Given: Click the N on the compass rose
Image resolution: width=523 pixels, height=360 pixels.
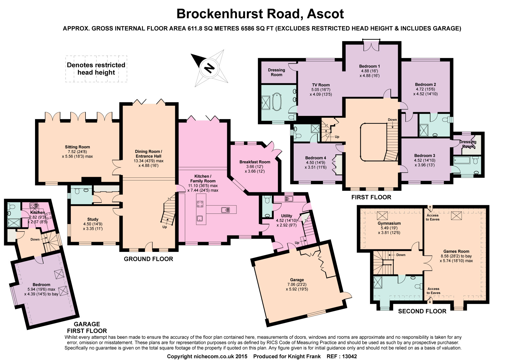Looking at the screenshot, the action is (209, 68).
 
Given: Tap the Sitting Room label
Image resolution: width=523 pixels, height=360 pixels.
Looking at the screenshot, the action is (77, 147).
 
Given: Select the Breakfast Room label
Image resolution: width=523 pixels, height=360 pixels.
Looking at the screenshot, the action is (255, 162).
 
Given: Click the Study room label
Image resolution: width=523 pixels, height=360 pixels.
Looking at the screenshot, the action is (93, 219).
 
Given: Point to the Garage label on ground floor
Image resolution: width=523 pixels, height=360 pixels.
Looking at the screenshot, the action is (297, 280).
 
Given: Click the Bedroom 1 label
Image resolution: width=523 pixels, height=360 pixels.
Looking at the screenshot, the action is (369, 66).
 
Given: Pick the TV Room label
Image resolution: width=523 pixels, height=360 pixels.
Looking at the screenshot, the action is (321, 85).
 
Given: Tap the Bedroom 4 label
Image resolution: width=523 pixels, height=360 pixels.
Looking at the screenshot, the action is (316, 158).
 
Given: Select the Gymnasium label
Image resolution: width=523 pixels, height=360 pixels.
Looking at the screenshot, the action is (389, 223).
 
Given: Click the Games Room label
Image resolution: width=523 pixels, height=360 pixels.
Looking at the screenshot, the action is (456, 251).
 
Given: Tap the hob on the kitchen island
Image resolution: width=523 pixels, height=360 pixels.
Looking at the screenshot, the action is (200, 204).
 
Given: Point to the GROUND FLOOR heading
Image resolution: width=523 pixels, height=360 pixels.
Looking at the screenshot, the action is (149, 259).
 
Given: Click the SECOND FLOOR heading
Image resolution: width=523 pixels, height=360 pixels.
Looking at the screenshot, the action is (422, 311).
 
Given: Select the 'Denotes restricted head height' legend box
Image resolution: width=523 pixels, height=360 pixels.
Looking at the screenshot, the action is (96, 69).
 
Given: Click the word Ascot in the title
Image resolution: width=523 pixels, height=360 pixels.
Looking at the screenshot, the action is (326, 14).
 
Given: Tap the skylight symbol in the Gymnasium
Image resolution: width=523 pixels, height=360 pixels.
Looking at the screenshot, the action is (382, 216).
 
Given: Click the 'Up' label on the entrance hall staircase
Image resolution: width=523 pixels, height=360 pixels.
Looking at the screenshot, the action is (164, 227).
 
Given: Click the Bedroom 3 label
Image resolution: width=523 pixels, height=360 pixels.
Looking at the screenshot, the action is (425, 156).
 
